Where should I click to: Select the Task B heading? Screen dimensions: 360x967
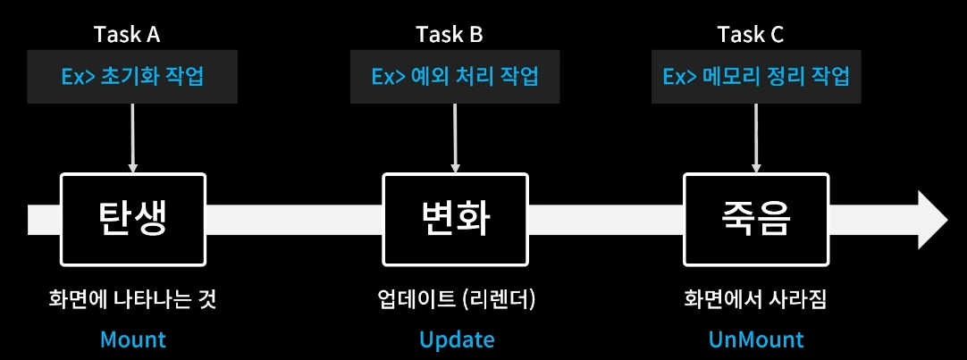[450, 35]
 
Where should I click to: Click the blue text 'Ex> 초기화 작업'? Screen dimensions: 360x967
[133, 76]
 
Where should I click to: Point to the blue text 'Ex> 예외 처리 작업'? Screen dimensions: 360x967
[456, 76]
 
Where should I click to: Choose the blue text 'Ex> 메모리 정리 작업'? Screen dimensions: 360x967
[756, 76]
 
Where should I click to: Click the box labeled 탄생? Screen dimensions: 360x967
[133, 220]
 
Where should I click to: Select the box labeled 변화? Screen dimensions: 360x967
[456, 220]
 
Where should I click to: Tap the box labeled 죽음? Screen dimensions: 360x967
[756, 220]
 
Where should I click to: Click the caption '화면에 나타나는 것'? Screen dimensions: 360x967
[133, 298]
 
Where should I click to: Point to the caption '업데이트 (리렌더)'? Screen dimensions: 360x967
[456, 298]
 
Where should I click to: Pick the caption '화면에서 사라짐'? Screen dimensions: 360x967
[756, 298]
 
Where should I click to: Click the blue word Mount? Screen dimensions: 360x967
[133, 339]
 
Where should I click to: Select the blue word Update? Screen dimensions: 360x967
[457, 339]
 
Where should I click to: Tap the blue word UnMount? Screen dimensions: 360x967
[756, 339]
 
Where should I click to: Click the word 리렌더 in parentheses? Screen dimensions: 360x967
[500, 298]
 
